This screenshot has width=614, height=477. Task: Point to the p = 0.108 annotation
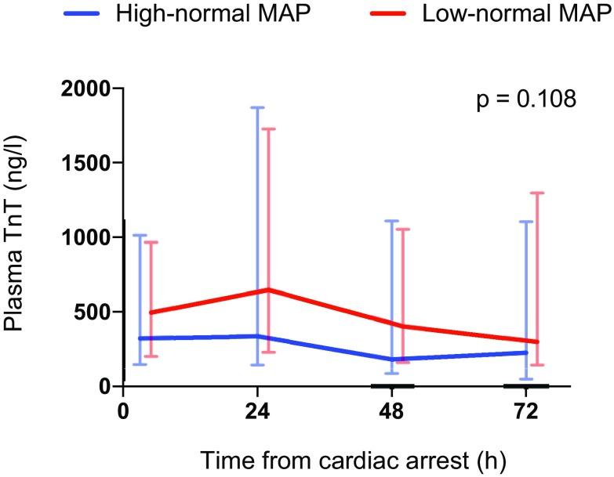[527, 100]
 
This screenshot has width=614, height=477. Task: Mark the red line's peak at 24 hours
[269, 290]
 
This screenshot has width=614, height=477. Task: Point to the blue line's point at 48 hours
[391, 360]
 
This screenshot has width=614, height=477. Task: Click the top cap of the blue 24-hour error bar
[257, 107]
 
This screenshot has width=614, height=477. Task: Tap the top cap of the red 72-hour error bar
[537, 193]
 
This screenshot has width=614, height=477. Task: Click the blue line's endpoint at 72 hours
[526, 352]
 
